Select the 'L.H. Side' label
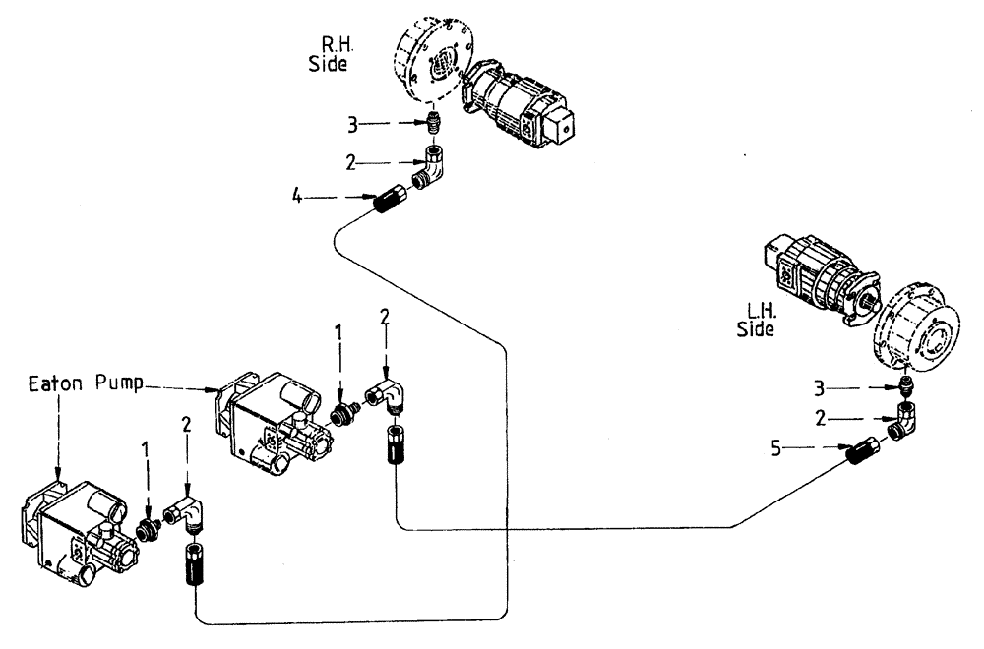click(x=756, y=321)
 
